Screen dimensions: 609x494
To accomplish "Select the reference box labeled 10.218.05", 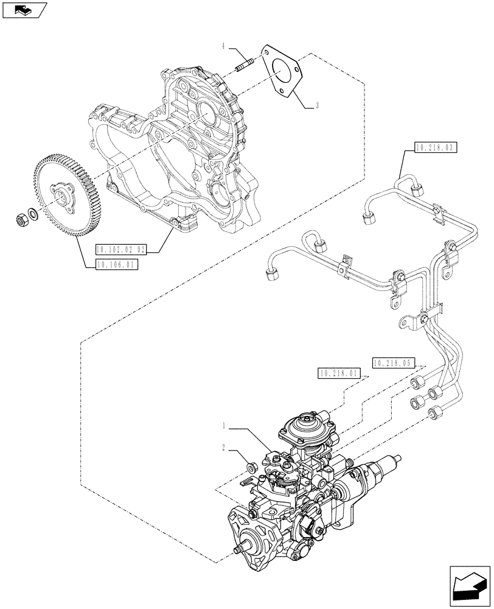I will tap(392, 362).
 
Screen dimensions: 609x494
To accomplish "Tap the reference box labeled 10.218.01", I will tap(339, 373).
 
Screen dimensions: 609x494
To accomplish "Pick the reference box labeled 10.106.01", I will tap(116, 264).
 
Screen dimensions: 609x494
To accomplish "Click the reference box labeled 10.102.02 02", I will tap(121, 249).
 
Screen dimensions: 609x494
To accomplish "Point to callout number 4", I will tap(224, 46).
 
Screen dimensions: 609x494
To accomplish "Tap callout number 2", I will tap(224, 448).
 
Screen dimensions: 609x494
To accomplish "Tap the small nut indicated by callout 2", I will tap(249, 467).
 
